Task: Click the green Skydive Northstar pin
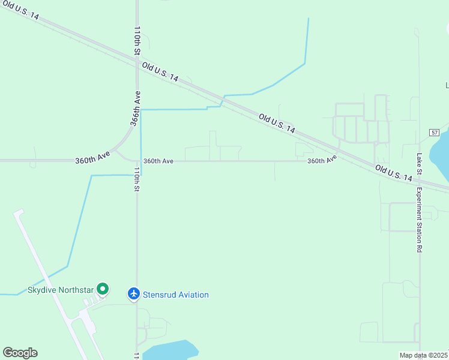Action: (102, 290)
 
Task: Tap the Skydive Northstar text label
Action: (61, 290)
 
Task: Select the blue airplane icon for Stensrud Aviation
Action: (134, 294)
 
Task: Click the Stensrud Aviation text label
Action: (176, 295)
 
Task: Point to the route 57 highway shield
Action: (435, 132)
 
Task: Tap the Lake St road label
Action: (419, 164)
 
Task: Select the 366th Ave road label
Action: (136, 108)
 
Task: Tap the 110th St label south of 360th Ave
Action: (137, 179)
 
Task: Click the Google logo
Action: (20, 353)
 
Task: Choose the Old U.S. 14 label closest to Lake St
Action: (394, 174)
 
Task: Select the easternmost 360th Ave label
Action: (322, 160)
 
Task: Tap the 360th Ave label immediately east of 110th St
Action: (158, 161)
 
